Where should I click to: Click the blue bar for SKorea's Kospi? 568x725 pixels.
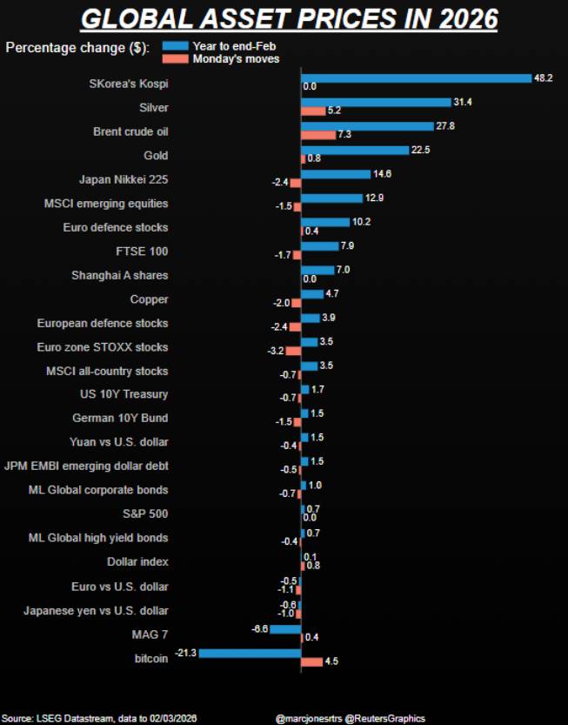[417, 78]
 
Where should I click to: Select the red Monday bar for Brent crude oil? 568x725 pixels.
[318, 135]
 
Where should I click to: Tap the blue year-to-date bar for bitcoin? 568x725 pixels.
[250, 654]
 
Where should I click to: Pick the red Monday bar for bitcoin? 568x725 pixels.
[312, 662]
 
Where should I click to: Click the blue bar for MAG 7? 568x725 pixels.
[285, 629]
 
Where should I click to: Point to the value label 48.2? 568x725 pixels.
[543, 77]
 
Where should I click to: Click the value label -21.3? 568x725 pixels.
[185, 653]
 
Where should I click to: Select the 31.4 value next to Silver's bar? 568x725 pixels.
[463, 102]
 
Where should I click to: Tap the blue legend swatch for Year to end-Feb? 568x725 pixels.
[175, 46]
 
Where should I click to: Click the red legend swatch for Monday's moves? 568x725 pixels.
[175, 58]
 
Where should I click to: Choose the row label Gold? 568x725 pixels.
[156, 155]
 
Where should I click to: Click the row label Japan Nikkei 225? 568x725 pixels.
[124, 179]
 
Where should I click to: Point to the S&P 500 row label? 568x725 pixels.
[145, 514]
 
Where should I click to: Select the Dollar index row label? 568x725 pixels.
[137, 561]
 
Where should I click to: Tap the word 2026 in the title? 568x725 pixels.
[468, 19]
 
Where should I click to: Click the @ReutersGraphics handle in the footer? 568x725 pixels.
[385, 719]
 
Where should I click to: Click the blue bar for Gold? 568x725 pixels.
[355, 151]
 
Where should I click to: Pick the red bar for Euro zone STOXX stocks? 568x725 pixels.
[293, 351]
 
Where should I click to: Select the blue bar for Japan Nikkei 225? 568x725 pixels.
[336, 174]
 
